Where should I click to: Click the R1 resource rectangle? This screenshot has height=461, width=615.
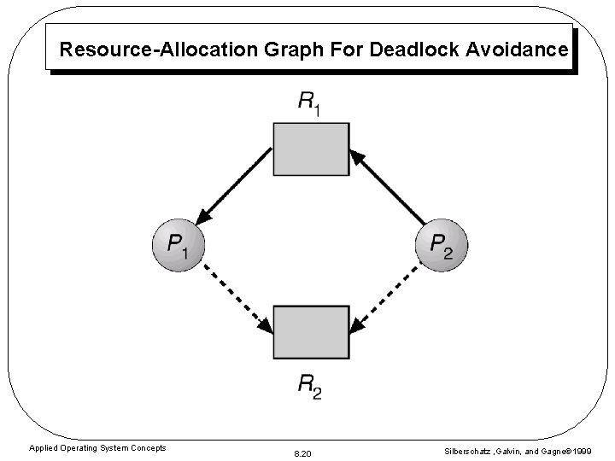(311, 149)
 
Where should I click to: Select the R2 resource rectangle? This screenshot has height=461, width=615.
(311, 332)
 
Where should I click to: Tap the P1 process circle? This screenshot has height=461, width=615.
(178, 245)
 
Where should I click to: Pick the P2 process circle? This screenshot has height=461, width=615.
(442, 245)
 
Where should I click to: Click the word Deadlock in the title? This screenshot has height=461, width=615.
(418, 50)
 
